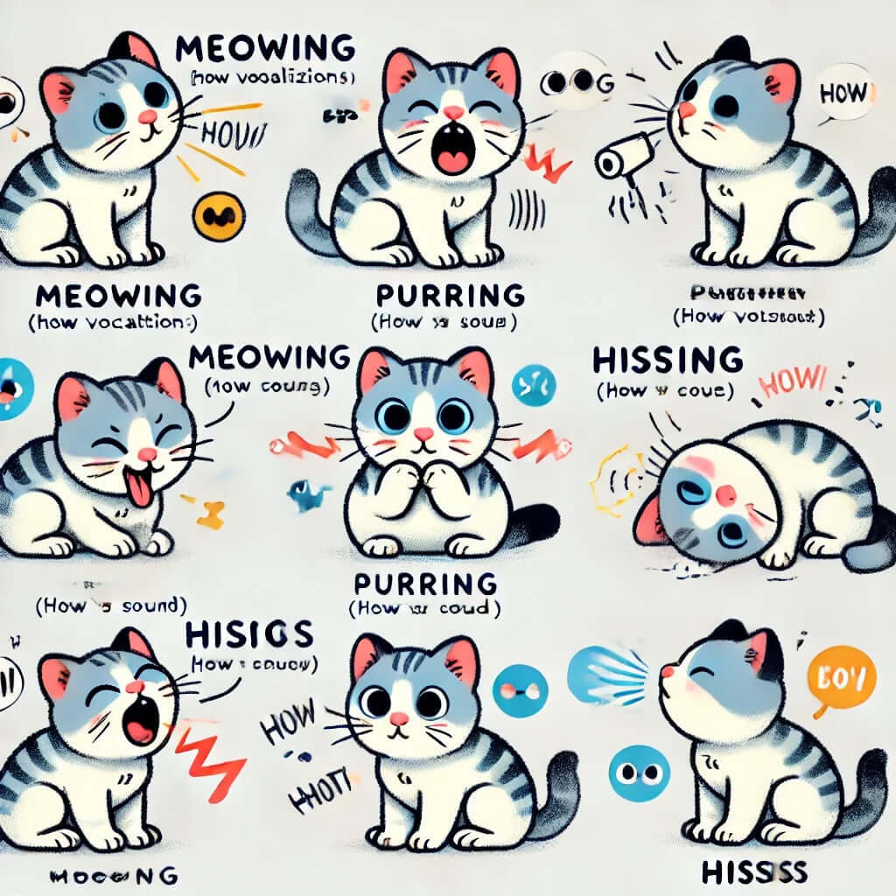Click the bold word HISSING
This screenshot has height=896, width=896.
click(x=668, y=360)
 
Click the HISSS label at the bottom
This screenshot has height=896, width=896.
click(x=753, y=871)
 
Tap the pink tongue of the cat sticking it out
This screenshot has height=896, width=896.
click(x=138, y=492)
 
